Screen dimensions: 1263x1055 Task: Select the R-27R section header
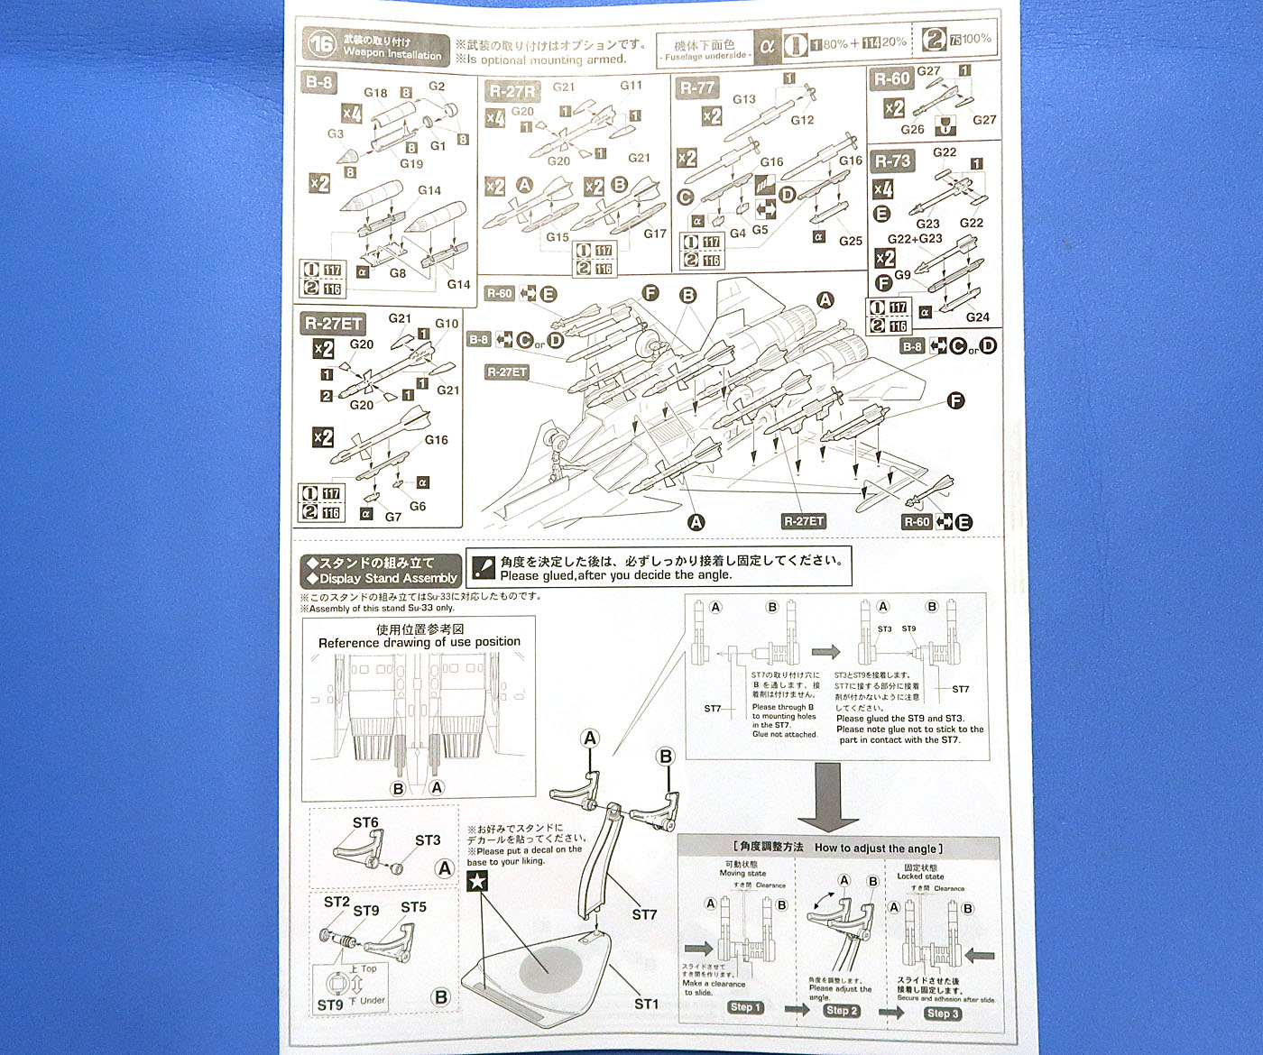511,91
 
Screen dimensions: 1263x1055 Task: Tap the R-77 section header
696,88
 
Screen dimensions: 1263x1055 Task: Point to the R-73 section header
892,161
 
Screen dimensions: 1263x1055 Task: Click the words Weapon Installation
392,55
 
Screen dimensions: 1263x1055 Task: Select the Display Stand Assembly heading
383,579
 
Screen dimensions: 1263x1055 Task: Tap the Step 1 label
746,1007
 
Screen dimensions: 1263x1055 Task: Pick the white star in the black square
477,881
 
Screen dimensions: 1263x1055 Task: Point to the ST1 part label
646,1004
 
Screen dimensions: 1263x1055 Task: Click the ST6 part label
365,822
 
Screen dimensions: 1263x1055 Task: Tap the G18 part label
375,93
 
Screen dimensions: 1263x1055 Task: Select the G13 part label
744,99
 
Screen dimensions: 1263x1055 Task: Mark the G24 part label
977,316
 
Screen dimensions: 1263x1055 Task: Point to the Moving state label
742,874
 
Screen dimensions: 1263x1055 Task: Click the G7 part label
393,517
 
